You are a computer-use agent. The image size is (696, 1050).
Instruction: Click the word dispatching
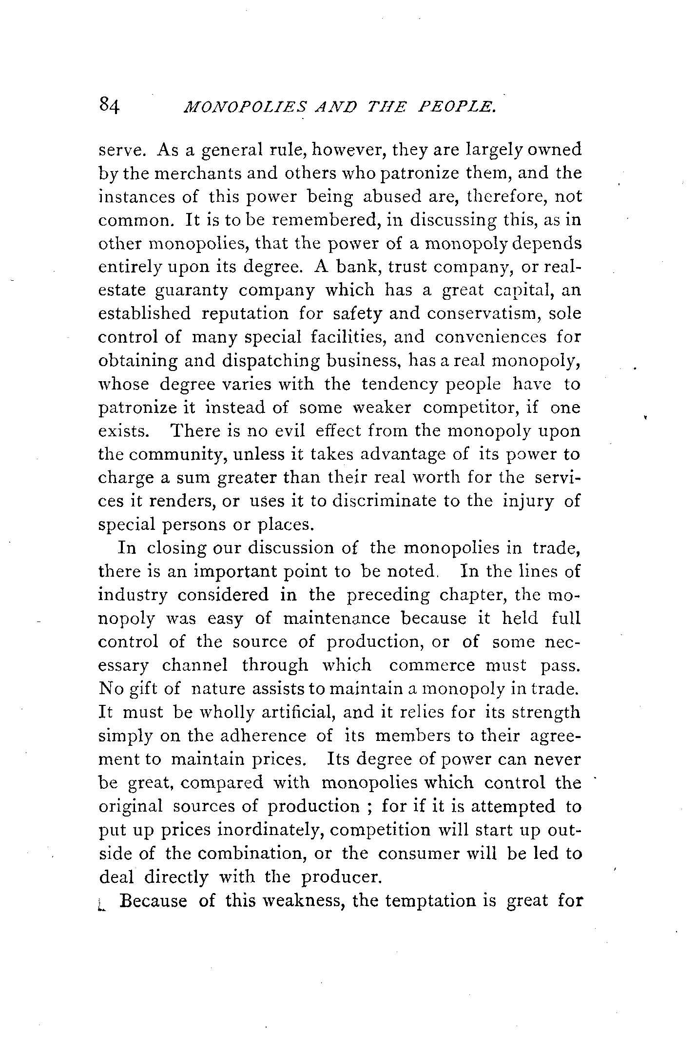(275, 361)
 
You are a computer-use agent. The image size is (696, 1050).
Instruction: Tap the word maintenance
(336, 619)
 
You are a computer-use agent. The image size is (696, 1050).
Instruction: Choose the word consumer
(413, 854)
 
